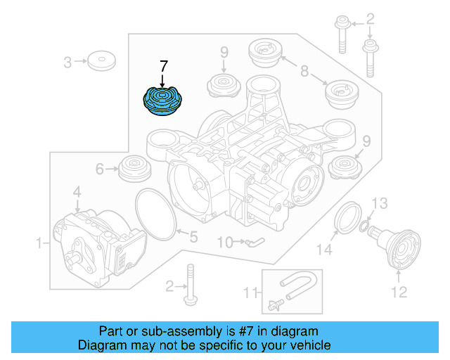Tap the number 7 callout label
164,67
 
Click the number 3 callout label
67,63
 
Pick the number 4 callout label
77,191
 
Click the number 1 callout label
39,243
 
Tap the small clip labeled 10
254,243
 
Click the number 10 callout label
224,243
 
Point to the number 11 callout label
250,292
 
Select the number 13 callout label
379,204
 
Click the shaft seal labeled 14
347,216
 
